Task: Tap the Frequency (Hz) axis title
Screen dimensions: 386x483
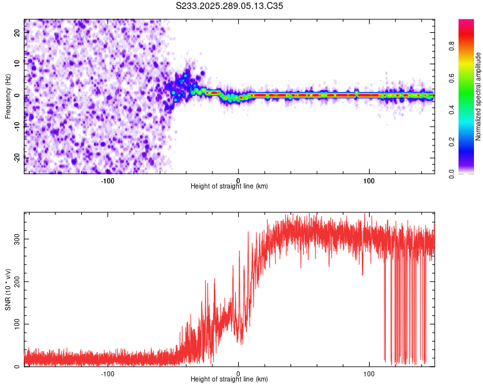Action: point(8,96)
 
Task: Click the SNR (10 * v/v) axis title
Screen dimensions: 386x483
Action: point(8,289)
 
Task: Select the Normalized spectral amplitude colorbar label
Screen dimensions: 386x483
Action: point(478,96)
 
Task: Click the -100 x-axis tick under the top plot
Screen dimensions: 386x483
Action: point(107,180)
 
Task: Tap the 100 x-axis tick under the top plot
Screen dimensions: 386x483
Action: point(369,180)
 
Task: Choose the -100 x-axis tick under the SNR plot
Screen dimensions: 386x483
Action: point(107,373)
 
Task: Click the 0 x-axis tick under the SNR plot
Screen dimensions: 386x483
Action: point(238,373)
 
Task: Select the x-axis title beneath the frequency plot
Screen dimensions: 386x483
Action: point(229,187)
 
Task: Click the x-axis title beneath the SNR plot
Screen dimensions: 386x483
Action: point(229,380)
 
